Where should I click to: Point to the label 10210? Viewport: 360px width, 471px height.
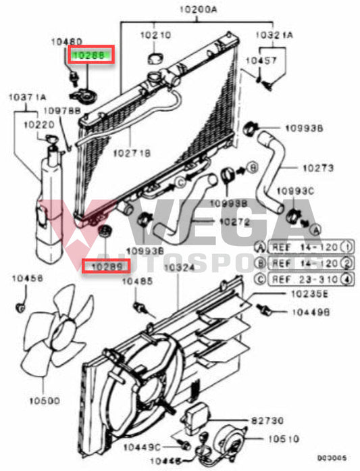[155, 34]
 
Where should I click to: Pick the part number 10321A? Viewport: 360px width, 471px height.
[273, 34]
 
